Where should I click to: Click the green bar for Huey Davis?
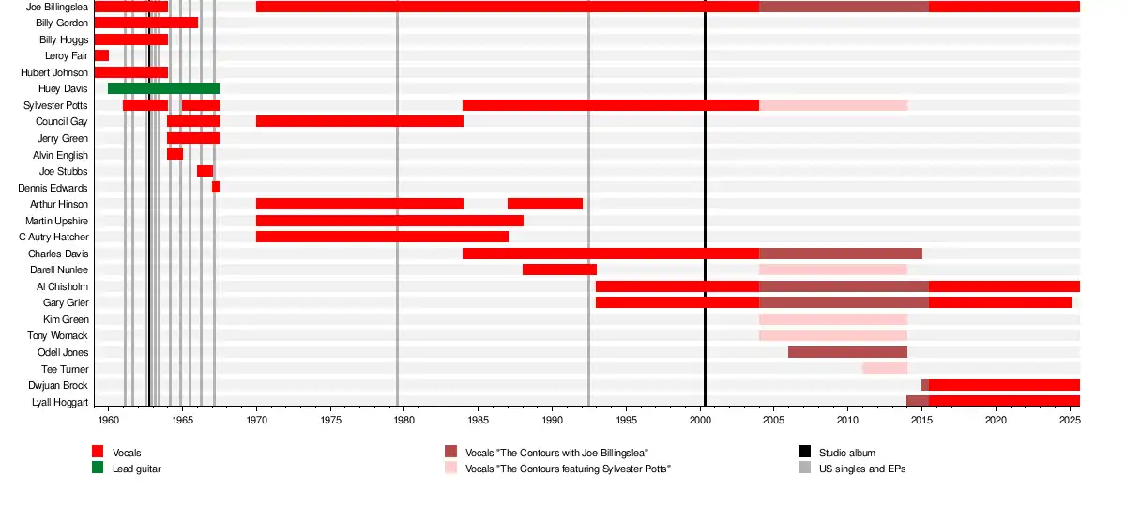[163, 88]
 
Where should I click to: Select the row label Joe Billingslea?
[57, 7]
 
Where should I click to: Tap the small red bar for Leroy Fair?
[101, 55]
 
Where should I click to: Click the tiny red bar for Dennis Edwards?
[216, 187]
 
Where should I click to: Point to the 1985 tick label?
[479, 420]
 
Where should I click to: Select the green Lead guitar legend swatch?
[98, 468]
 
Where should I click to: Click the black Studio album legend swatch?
[804, 453]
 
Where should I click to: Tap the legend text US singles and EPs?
[862, 468]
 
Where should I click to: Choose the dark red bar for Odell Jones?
[847, 352]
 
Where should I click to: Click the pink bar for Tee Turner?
[885, 368]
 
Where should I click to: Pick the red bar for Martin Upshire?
[389, 221]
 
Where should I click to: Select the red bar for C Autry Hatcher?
[382, 237]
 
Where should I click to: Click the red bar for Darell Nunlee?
[559, 269]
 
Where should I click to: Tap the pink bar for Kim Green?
[832, 319]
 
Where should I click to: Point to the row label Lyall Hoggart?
[62, 402]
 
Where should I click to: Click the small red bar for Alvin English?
[175, 154]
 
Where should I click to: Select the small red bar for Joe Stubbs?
[205, 171]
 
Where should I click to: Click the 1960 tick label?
[109, 420]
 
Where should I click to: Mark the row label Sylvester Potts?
[56, 105]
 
